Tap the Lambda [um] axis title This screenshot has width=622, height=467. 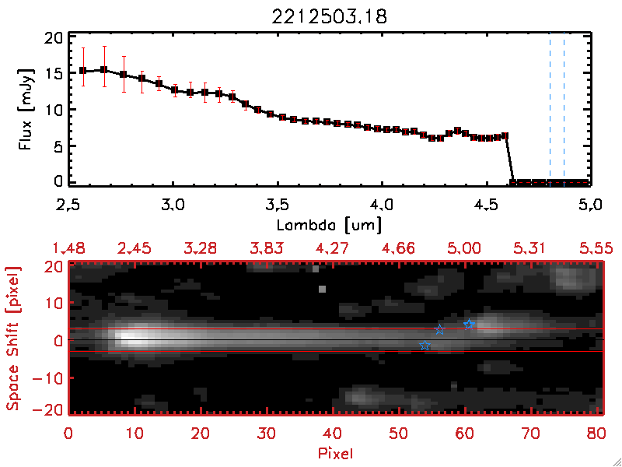(330, 225)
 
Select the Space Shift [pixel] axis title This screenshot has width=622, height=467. (13, 339)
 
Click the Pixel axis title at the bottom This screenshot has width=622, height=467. (336, 452)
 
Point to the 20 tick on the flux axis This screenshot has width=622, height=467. (54, 38)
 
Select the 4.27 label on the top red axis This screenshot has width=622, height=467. (334, 248)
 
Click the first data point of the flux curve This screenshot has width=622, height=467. (82, 71)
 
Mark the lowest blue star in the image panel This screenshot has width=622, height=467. (425, 346)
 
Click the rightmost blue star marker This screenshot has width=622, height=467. (469, 324)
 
